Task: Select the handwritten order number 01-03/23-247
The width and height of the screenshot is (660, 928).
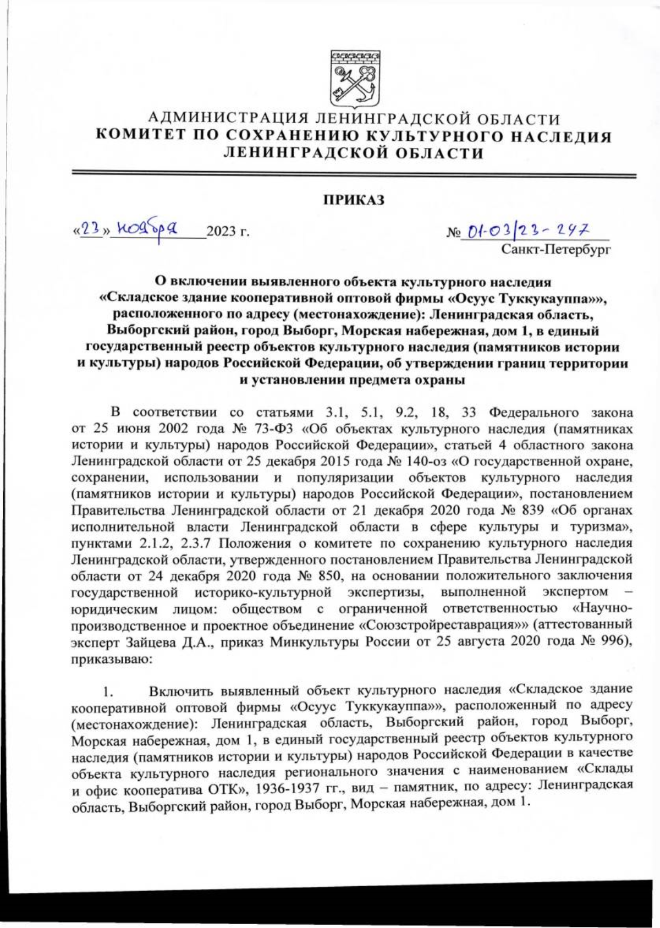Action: coord(529,228)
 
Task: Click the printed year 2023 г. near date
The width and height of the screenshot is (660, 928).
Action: coord(227,232)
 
